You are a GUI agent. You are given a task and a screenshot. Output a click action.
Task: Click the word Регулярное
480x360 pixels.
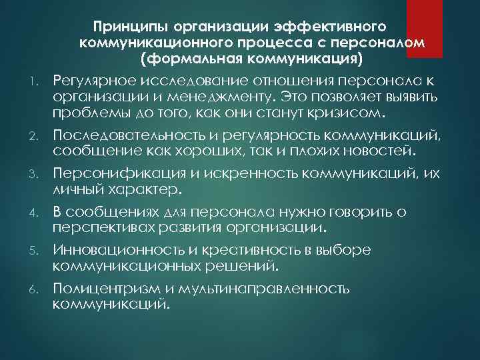[95, 81]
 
